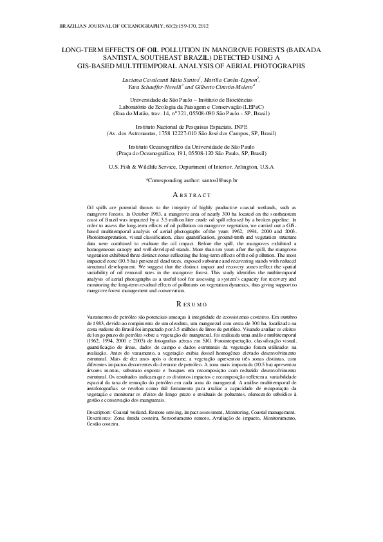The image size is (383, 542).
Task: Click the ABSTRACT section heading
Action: coord(191,194)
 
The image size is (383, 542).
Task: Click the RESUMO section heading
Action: coord(191,303)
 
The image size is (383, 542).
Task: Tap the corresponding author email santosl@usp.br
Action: coord(217,182)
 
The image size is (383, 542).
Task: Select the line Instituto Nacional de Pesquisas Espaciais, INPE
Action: coord(191,127)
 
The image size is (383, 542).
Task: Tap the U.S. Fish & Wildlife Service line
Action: coord(191,167)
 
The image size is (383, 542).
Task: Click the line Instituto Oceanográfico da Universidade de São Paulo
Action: coord(191,147)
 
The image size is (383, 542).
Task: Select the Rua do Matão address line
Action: coord(191,113)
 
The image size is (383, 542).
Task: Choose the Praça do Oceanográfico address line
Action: coord(191,154)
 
